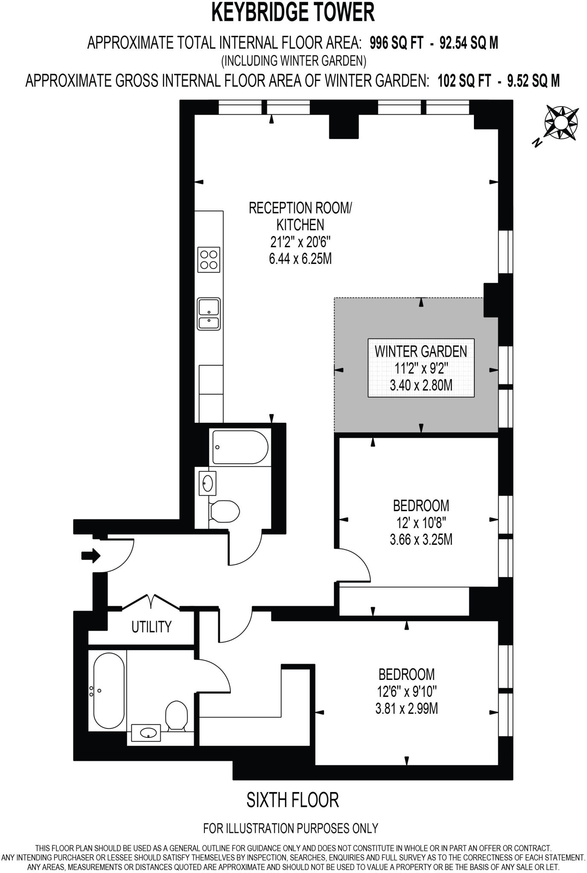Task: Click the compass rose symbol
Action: click(561, 123)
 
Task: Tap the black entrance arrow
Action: click(91, 555)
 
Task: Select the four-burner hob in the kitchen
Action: click(209, 260)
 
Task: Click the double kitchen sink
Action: click(209, 314)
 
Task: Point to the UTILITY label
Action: click(151, 627)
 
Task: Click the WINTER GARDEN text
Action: click(421, 351)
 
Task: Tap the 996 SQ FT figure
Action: click(397, 43)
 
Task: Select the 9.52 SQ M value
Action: click(533, 81)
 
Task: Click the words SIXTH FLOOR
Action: click(293, 800)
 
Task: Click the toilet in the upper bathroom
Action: click(225, 511)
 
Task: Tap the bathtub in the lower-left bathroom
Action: click(109, 691)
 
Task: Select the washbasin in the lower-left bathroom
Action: click(146, 733)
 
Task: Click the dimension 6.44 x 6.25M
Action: click(300, 259)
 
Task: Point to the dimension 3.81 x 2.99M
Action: click(407, 709)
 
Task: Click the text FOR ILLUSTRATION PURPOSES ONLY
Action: click(291, 828)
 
